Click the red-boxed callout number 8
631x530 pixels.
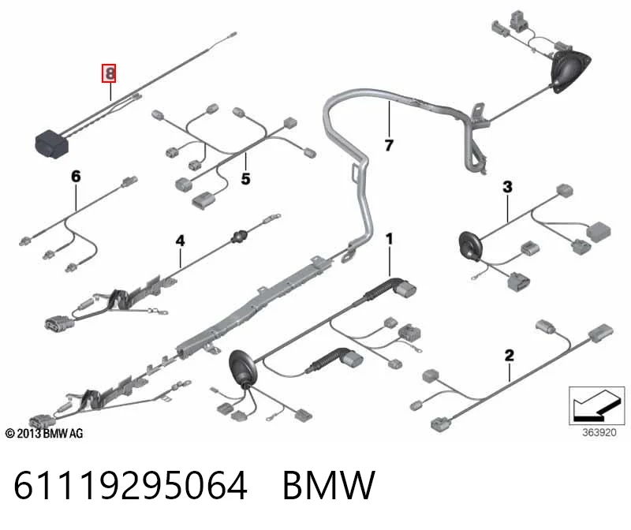(109, 73)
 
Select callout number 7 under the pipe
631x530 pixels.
(389, 145)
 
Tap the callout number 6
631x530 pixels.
(76, 176)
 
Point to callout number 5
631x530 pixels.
(245, 179)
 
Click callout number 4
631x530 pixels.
(181, 241)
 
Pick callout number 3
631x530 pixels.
(507, 187)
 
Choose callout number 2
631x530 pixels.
(509, 356)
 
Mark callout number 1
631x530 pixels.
(389, 239)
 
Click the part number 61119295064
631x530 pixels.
(130, 485)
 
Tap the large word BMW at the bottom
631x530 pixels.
(329, 485)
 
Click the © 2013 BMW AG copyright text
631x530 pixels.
(44, 434)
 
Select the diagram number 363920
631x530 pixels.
(599, 433)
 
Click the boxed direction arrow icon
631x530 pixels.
(597, 405)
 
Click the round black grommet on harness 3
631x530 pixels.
(469, 245)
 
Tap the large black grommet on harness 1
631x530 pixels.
(242, 367)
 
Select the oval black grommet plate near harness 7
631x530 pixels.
(570, 73)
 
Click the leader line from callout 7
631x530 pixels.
(389, 119)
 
